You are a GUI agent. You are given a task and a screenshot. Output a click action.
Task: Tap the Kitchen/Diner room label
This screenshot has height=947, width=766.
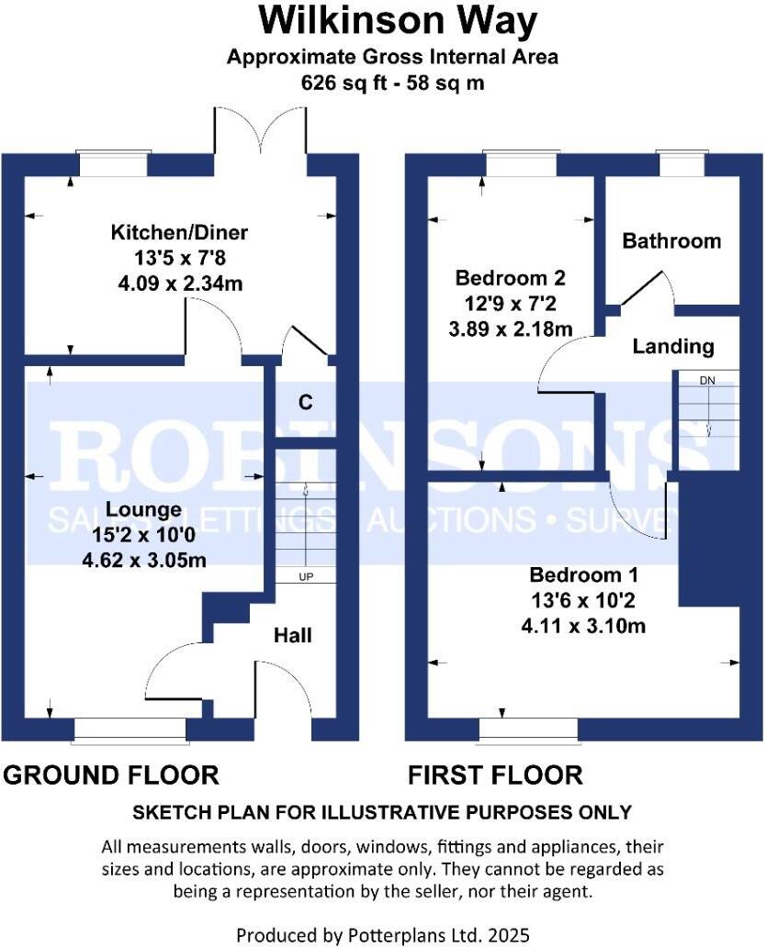tap(167, 231)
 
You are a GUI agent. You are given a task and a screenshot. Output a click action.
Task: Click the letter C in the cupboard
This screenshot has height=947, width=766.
tap(305, 402)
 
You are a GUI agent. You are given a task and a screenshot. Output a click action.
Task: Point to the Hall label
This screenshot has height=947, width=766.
tap(293, 635)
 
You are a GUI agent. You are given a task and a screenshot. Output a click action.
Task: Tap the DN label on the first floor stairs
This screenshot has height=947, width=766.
tap(707, 380)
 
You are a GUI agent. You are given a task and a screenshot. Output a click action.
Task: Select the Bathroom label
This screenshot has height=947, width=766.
tap(671, 241)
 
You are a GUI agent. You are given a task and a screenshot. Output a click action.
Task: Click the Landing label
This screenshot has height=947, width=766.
tap(672, 346)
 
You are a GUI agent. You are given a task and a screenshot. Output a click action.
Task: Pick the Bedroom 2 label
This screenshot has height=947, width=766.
tap(511, 277)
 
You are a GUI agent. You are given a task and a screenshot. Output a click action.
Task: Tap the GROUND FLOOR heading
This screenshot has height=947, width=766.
tap(111, 775)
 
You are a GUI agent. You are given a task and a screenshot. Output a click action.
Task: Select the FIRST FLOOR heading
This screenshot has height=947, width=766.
tap(495, 775)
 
